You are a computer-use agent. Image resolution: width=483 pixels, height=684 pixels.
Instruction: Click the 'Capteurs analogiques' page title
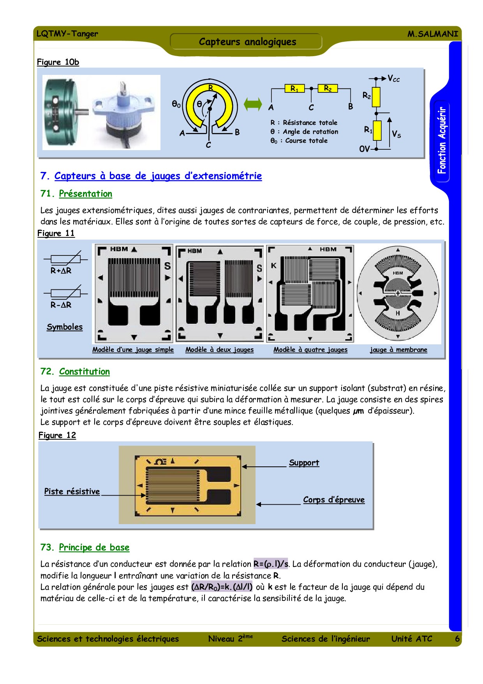tap(247, 42)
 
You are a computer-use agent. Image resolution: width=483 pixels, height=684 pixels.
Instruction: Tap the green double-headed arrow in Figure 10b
tap(253, 104)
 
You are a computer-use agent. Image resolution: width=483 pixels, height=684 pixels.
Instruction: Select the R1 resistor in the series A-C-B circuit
tap(294, 89)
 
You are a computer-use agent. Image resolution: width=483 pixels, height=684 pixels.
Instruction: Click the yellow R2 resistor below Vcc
tap(376, 97)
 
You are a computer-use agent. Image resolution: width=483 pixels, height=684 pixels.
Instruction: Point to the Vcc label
tap(393, 79)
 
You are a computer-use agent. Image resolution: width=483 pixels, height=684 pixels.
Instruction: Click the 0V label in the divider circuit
tap(364, 149)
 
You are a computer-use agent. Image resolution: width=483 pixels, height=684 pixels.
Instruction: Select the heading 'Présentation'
tap(85, 194)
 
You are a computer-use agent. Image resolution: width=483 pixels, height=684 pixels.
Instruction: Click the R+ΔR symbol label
tap(61, 271)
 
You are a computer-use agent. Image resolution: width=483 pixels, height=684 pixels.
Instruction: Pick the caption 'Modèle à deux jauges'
tap(219, 350)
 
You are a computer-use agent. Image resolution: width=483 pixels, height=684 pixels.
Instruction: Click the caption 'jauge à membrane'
tap(398, 350)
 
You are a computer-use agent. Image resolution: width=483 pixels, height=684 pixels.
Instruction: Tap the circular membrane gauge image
tap(398, 293)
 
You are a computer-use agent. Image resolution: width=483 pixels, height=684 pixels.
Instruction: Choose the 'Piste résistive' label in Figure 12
tap(72, 491)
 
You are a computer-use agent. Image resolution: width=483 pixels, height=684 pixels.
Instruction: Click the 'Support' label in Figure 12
tap(304, 463)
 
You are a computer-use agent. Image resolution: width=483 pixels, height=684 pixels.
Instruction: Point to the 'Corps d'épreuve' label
tap(334, 500)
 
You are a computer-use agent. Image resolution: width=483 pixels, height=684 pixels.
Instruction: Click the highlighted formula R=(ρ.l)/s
tap(271, 564)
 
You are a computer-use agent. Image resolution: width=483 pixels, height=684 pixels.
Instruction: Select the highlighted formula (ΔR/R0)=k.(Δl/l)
tap(222, 587)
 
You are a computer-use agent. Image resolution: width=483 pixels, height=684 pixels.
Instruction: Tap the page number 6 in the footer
tap(457, 639)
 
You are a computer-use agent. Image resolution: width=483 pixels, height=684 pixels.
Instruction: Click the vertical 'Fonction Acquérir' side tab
tap(441, 140)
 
